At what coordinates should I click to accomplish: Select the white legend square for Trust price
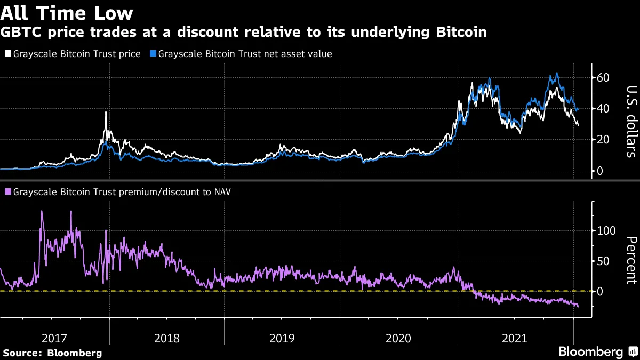click(7, 54)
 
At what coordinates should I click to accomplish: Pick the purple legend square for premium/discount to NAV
click(7, 191)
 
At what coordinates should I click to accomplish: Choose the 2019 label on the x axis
click(283, 338)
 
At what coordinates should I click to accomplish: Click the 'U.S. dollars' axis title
click(631, 122)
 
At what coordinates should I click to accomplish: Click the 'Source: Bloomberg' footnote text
click(52, 353)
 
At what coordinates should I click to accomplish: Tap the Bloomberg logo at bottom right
click(591, 352)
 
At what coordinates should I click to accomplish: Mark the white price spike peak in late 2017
click(106, 112)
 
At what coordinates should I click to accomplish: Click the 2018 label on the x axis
click(167, 338)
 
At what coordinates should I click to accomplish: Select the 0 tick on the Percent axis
click(601, 292)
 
